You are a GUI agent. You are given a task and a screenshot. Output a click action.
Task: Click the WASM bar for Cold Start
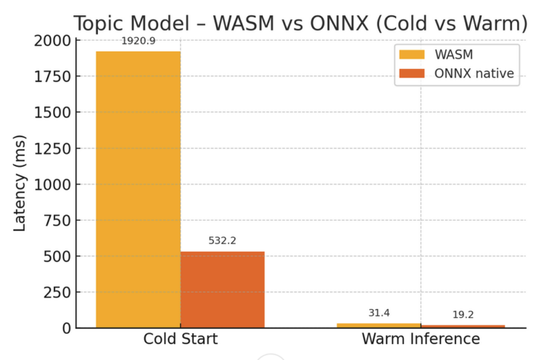[138, 189]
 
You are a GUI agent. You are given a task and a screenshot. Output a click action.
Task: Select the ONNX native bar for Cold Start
[223, 289]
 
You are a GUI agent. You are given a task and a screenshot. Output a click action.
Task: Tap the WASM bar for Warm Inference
[379, 324]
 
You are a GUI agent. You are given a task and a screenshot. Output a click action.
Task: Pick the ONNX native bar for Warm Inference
[463, 326]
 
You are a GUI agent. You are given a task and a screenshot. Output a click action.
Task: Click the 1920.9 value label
[138, 41]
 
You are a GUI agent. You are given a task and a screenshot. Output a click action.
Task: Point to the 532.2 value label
[223, 240]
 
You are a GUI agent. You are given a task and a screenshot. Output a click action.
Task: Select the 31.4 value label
[379, 313]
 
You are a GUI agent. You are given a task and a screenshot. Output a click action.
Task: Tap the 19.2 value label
[463, 315]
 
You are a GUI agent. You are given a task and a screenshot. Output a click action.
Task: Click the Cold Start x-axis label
[181, 339]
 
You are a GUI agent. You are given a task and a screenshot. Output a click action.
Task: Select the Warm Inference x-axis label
[421, 339]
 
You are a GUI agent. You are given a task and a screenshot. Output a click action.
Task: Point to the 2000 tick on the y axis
[53, 41]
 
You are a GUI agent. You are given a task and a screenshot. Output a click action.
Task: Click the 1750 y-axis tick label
[53, 76]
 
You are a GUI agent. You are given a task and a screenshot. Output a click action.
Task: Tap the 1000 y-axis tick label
[53, 184]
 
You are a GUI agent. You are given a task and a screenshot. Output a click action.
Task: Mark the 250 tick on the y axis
[58, 292]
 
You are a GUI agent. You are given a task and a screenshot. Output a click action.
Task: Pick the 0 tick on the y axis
[67, 328]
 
